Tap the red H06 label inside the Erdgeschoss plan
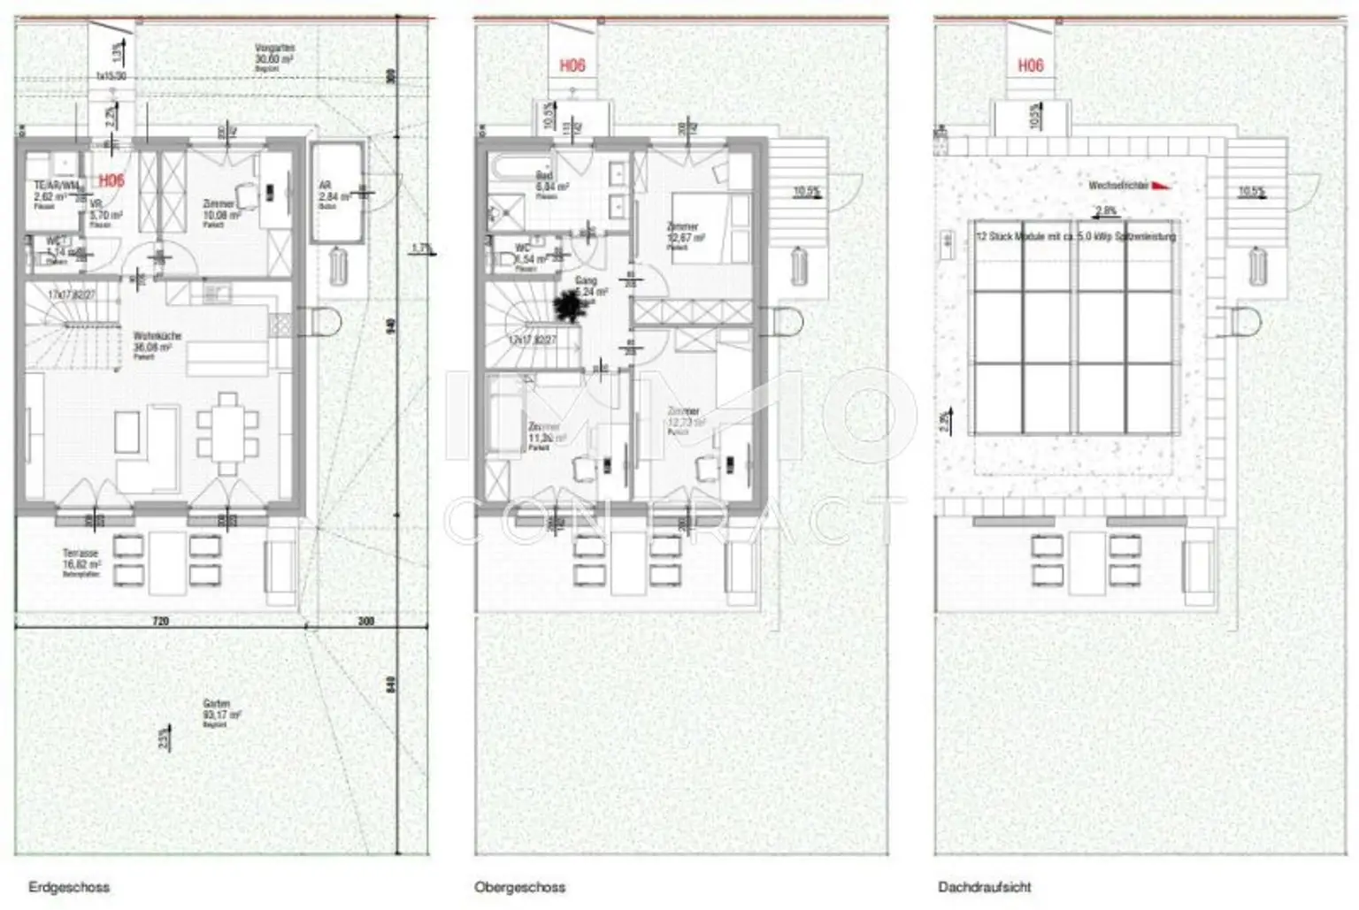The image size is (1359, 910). pos(111,180)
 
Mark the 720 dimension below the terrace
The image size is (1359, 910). pos(160,621)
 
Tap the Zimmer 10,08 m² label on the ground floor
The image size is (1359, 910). pos(220,210)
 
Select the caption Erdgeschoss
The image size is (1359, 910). pos(68,886)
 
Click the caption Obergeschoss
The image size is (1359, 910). pos(519,886)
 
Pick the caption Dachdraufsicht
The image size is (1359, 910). pos(985,886)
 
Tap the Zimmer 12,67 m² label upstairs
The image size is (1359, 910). pos(685,233)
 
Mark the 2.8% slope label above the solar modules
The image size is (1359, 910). pos(1105,211)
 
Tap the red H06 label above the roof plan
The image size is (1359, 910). pos(1030,65)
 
